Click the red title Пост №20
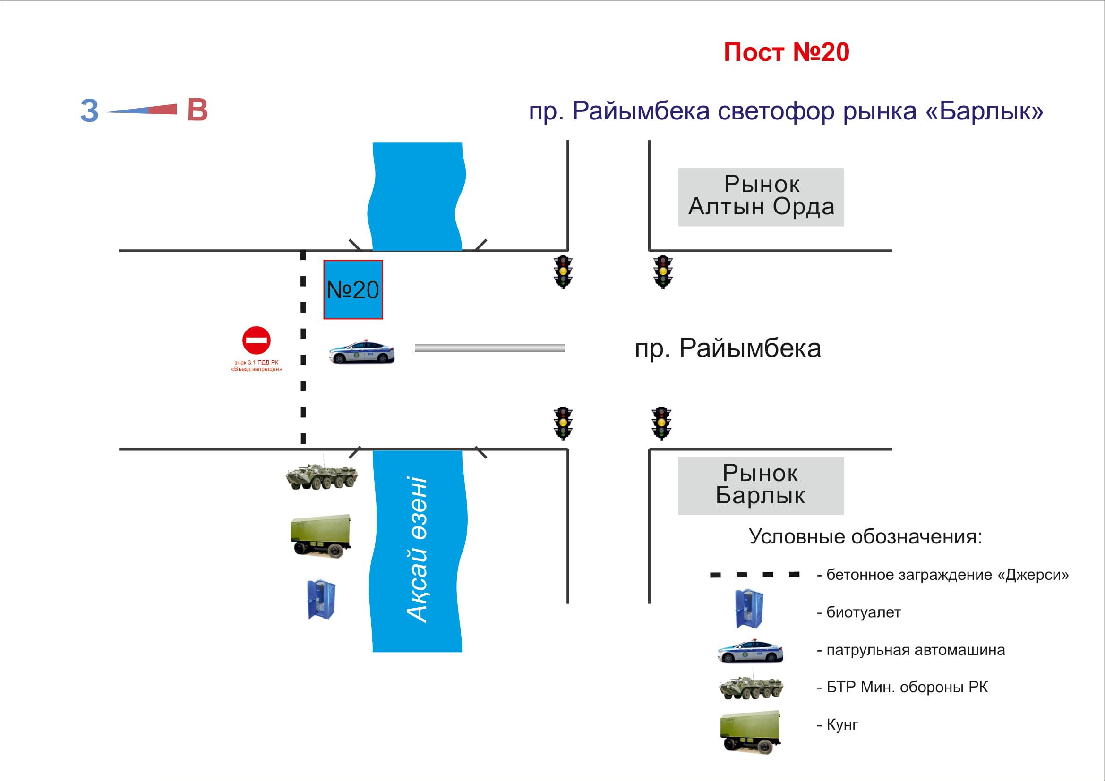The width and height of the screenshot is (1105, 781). (787, 52)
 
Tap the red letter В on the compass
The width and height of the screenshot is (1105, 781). (197, 110)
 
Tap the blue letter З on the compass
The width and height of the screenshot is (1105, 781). (89, 111)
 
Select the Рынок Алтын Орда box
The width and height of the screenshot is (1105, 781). (761, 197)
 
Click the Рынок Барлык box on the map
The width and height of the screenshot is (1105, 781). (761, 485)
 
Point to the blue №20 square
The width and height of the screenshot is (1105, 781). (353, 289)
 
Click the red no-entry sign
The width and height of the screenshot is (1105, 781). (256, 340)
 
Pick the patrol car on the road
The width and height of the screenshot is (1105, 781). (361, 352)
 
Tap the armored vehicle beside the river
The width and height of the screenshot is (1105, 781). (322, 476)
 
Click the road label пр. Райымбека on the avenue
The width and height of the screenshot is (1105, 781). (728, 348)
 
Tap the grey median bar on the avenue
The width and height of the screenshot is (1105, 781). (489, 348)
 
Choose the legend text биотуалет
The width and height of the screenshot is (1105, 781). (864, 612)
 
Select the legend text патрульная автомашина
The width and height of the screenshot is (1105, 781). (916, 650)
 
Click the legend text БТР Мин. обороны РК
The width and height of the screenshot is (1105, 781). (907, 687)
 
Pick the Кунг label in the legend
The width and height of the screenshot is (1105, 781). (842, 724)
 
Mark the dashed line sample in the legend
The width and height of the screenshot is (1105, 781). (754, 575)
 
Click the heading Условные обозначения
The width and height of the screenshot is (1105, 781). (865, 537)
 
